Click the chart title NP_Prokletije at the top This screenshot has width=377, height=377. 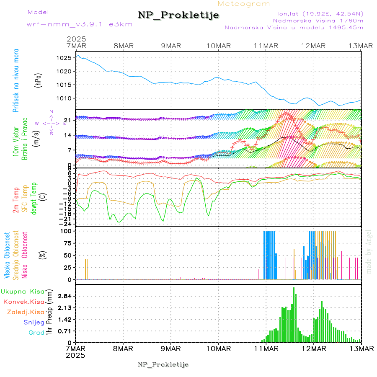point(178,15)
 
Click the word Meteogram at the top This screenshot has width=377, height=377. point(244,4)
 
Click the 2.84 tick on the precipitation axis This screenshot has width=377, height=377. point(65,296)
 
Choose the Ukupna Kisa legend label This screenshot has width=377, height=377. point(22,291)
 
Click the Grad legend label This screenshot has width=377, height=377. point(36,333)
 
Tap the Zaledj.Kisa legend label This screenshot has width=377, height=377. point(26,312)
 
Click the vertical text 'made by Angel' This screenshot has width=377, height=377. point(369,251)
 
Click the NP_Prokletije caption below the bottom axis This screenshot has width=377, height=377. point(163,364)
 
